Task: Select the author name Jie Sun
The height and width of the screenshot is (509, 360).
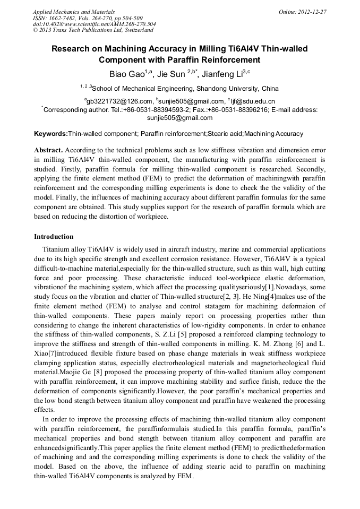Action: point(172,74)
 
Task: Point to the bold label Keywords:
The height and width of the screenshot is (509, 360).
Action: point(51,134)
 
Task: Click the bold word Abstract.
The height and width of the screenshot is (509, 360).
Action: point(48,150)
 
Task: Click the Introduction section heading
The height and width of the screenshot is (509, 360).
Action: point(54,236)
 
